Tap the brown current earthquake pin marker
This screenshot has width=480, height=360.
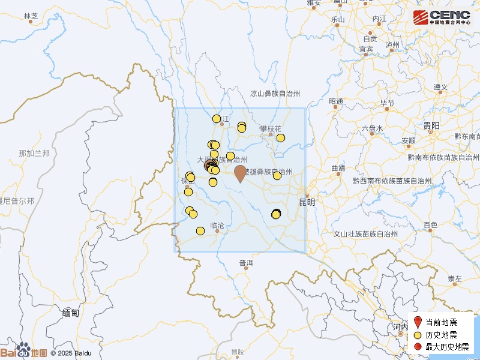(240, 173)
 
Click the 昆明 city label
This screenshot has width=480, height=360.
(307, 202)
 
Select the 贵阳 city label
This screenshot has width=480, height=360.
(431, 126)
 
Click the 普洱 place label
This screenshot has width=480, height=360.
(246, 263)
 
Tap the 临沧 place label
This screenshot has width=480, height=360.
(217, 226)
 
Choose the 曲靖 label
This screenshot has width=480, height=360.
(338, 168)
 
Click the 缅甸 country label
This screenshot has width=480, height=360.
(70, 313)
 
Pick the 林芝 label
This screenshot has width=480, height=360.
(31, 16)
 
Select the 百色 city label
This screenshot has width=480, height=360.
(430, 225)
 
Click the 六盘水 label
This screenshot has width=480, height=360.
(372, 128)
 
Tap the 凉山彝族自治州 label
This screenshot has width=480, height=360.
(275, 93)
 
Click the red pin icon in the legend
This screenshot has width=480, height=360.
(418, 322)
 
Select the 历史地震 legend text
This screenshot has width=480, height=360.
(441, 335)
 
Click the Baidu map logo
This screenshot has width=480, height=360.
(24, 352)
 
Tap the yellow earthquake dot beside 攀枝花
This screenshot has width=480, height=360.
(280, 138)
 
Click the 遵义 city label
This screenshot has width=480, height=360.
(441, 88)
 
